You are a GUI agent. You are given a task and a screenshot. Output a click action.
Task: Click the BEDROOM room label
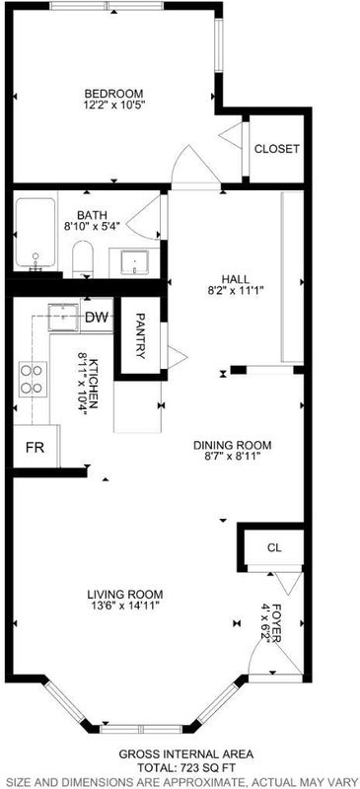113,94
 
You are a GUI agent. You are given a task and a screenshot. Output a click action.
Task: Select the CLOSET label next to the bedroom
276,149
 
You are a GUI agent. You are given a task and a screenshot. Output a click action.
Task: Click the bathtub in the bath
36,235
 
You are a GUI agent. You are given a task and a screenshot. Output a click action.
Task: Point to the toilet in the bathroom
84,259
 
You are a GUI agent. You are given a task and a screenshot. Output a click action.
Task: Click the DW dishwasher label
97,317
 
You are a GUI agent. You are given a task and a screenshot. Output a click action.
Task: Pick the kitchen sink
63,317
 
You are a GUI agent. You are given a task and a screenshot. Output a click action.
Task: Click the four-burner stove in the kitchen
33,379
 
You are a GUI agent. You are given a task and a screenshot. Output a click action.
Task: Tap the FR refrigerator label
35,448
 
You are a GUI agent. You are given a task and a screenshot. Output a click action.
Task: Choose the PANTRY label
141,336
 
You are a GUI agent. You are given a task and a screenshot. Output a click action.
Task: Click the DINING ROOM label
233,446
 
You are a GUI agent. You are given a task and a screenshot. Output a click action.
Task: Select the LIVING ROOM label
124,594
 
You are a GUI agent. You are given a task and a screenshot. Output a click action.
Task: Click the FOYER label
276,618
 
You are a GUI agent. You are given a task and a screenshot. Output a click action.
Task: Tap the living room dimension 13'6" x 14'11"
122,605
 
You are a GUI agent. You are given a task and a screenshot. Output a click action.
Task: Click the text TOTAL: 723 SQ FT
185,767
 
